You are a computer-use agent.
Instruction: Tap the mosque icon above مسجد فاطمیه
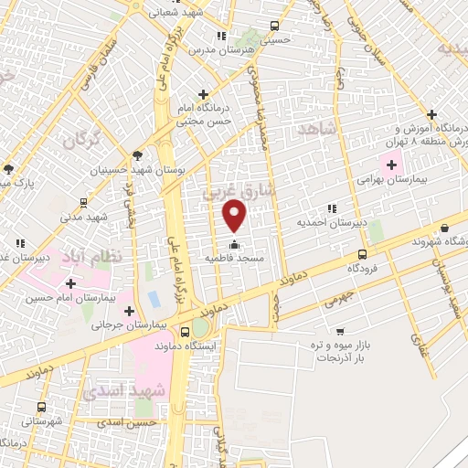tap(235, 244)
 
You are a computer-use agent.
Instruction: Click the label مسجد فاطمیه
tap(235, 260)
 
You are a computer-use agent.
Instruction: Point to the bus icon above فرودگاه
tap(363, 254)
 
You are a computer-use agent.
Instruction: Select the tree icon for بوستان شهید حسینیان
tap(137, 155)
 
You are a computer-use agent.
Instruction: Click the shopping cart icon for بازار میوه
tap(340, 331)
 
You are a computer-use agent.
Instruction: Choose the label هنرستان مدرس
tap(222, 49)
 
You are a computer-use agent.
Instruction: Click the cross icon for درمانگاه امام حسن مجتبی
tap(203, 94)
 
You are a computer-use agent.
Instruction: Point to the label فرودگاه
tap(363, 269)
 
